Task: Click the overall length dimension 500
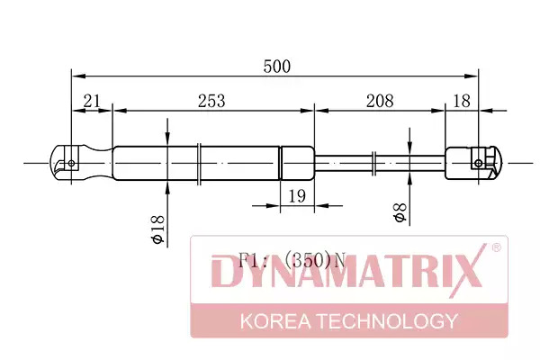[x=277, y=66]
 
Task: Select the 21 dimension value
[x=92, y=101]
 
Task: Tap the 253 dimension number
[x=211, y=101]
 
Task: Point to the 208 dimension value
[x=380, y=101]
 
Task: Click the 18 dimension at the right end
[x=462, y=101]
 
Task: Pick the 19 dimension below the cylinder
[x=296, y=196]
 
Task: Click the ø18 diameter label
[x=158, y=229]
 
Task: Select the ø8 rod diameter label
[x=400, y=212]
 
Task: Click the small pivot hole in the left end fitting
[x=71, y=163]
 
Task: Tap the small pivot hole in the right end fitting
[x=479, y=163]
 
